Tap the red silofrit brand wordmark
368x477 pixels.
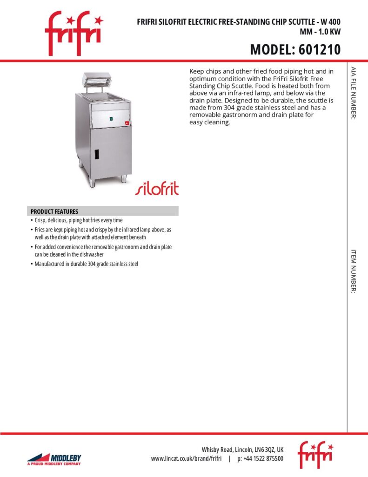click(157, 188)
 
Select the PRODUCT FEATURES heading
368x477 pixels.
click(54, 211)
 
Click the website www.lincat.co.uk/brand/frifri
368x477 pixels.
click(186, 459)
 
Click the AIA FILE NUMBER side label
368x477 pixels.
click(354, 93)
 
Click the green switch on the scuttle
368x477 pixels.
click(111, 120)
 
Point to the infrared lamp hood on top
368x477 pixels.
click(98, 78)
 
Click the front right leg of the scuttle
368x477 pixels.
click(124, 178)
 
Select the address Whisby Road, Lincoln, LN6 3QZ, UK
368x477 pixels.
click(242, 450)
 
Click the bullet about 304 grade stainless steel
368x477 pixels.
click(87, 264)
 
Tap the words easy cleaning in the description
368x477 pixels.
click(210, 123)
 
